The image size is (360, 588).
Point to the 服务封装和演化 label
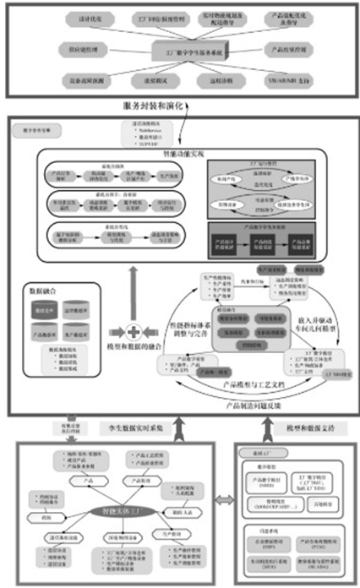157,106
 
